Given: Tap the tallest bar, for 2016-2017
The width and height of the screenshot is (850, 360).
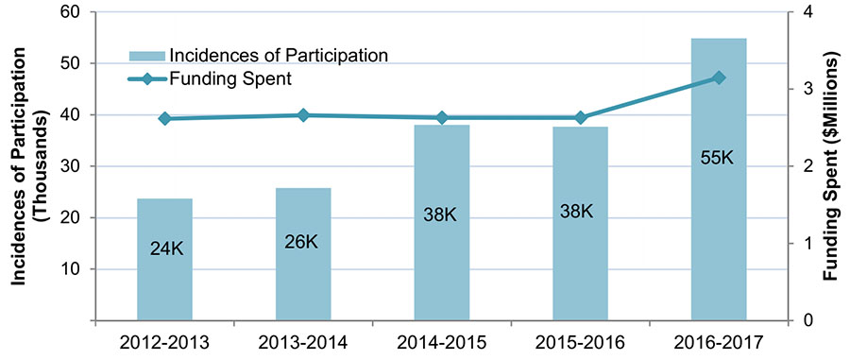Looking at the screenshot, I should coord(719,236).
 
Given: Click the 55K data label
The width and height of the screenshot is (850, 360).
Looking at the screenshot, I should coord(717,158).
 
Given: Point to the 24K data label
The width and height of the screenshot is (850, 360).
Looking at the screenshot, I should coord(164,249).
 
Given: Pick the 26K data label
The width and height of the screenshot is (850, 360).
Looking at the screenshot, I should coord(302,241).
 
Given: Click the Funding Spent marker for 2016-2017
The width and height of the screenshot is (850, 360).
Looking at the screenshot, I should coord(719,77).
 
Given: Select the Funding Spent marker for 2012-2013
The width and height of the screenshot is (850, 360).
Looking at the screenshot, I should coord(164,119).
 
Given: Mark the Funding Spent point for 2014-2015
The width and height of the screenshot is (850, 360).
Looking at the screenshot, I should coord(442,118).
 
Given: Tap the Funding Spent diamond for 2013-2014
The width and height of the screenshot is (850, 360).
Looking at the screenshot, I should coord(303,115).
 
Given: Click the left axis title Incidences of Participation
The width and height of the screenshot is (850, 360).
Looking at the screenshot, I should coord(25,166).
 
